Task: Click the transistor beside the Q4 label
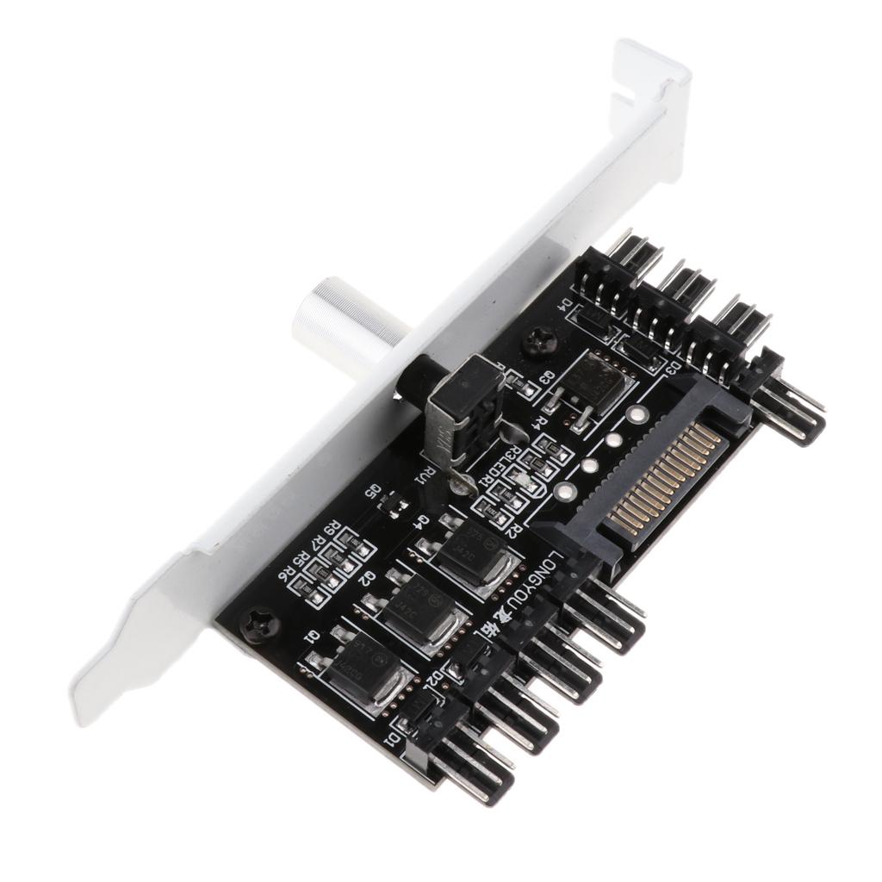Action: click(x=466, y=550)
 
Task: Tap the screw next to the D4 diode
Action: click(x=539, y=342)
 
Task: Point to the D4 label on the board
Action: click(x=569, y=305)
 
